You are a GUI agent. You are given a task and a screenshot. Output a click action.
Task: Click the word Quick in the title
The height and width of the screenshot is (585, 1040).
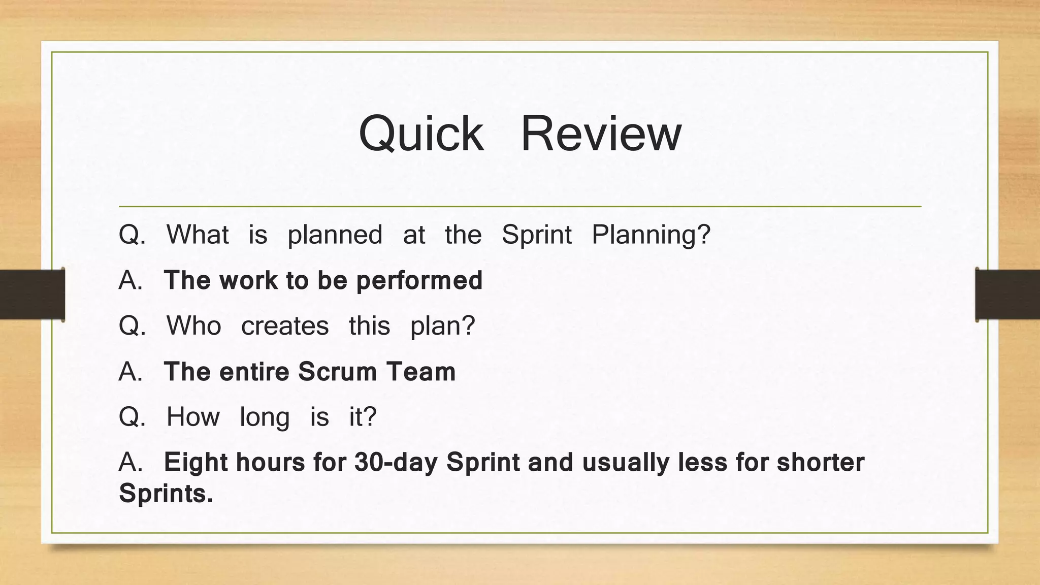[x=421, y=134]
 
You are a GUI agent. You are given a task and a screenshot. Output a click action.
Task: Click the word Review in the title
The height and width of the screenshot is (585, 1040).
[x=601, y=134]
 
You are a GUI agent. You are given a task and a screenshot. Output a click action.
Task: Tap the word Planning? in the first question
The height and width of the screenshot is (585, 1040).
[x=651, y=235]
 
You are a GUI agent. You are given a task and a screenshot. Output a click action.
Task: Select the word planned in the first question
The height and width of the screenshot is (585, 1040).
[x=335, y=235]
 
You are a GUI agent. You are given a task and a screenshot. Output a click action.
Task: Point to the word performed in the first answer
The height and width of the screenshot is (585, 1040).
[x=419, y=281]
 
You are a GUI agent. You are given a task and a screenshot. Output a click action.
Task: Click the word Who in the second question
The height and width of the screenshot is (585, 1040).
[x=193, y=326]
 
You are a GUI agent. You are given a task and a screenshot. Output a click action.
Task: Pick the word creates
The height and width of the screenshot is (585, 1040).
[x=284, y=326]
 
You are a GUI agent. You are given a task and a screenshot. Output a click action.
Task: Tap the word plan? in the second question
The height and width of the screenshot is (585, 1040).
[x=442, y=326]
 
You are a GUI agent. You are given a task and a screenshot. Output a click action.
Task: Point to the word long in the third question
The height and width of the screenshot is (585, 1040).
[x=265, y=417]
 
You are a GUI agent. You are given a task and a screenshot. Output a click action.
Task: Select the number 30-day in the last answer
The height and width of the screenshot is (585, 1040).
[x=396, y=462]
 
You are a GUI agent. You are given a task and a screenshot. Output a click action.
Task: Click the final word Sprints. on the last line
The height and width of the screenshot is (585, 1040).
[x=166, y=493]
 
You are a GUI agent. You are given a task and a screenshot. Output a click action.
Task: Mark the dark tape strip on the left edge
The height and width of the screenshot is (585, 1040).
[x=32, y=295]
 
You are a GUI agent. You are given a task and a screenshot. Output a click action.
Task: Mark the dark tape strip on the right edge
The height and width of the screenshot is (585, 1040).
[x=1007, y=295]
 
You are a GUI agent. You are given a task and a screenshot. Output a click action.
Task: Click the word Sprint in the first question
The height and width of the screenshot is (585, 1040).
[x=536, y=235]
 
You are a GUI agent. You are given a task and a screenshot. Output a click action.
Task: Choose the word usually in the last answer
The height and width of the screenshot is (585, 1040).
[x=625, y=462]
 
